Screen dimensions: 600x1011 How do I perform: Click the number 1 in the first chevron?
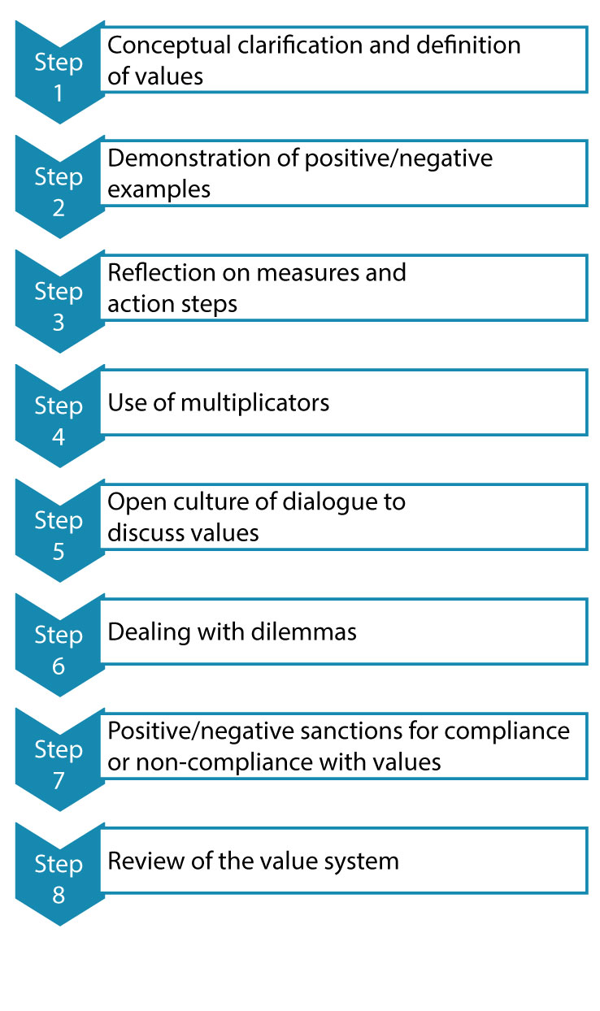pyautogui.click(x=59, y=93)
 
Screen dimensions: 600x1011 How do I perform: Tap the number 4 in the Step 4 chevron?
pyautogui.click(x=59, y=437)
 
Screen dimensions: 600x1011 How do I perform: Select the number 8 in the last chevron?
pyautogui.click(x=59, y=895)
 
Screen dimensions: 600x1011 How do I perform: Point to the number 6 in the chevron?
pyautogui.click(x=59, y=666)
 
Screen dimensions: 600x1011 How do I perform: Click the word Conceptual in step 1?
pyautogui.click(x=169, y=46)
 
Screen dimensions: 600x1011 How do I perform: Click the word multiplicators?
pyautogui.click(x=255, y=402)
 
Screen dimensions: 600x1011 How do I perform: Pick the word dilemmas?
pyautogui.click(x=303, y=631)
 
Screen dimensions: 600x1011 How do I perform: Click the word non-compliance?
pyautogui.click(x=224, y=763)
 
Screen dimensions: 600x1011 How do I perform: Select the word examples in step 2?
pyautogui.click(x=159, y=190)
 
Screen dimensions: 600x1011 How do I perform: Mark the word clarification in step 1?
pyautogui.click(x=300, y=46)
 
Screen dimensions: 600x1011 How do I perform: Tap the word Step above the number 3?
pyautogui.click(x=59, y=293)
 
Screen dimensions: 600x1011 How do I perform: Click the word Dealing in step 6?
pyautogui.click(x=149, y=633)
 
